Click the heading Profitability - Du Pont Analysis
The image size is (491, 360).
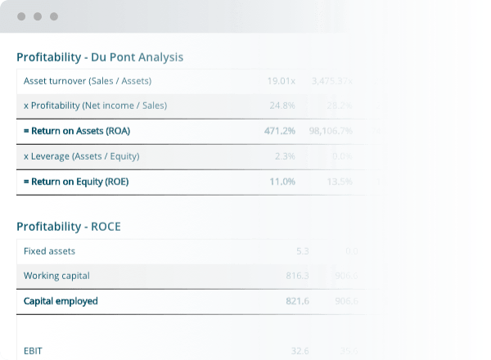click(x=100, y=57)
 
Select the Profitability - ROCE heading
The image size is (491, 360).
click(x=69, y=226)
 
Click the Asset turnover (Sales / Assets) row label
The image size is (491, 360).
click(x=88, y=81)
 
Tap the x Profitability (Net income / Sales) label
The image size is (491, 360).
click(x=95, y=106)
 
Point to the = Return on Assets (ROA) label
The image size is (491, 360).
click(x=77, y=131)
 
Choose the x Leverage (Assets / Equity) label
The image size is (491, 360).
click(x=81, y=156)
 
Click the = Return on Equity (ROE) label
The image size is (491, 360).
click(x=76, y=182)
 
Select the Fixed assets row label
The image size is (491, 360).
click(x=49, y=251)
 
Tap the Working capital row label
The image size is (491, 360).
click(x=56, y=276)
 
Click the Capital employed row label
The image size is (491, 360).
click(x=61, y=301)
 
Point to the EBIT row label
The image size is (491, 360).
click(x=33, y=351)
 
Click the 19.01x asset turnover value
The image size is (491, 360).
click(x=281, y=81)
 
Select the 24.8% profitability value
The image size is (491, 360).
click(x=282, y=106)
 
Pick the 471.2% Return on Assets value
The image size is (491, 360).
click(x=280, y=131)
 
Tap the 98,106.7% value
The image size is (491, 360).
click(x=331, y=131)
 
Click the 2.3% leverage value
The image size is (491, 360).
click(x=285, y=156)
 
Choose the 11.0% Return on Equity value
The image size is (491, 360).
click(x=282, y=182)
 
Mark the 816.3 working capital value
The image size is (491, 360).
click(x=297, y=276)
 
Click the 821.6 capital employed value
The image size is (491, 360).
click(x=297, y=301)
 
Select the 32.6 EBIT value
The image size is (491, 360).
click(x=300, y=351)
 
